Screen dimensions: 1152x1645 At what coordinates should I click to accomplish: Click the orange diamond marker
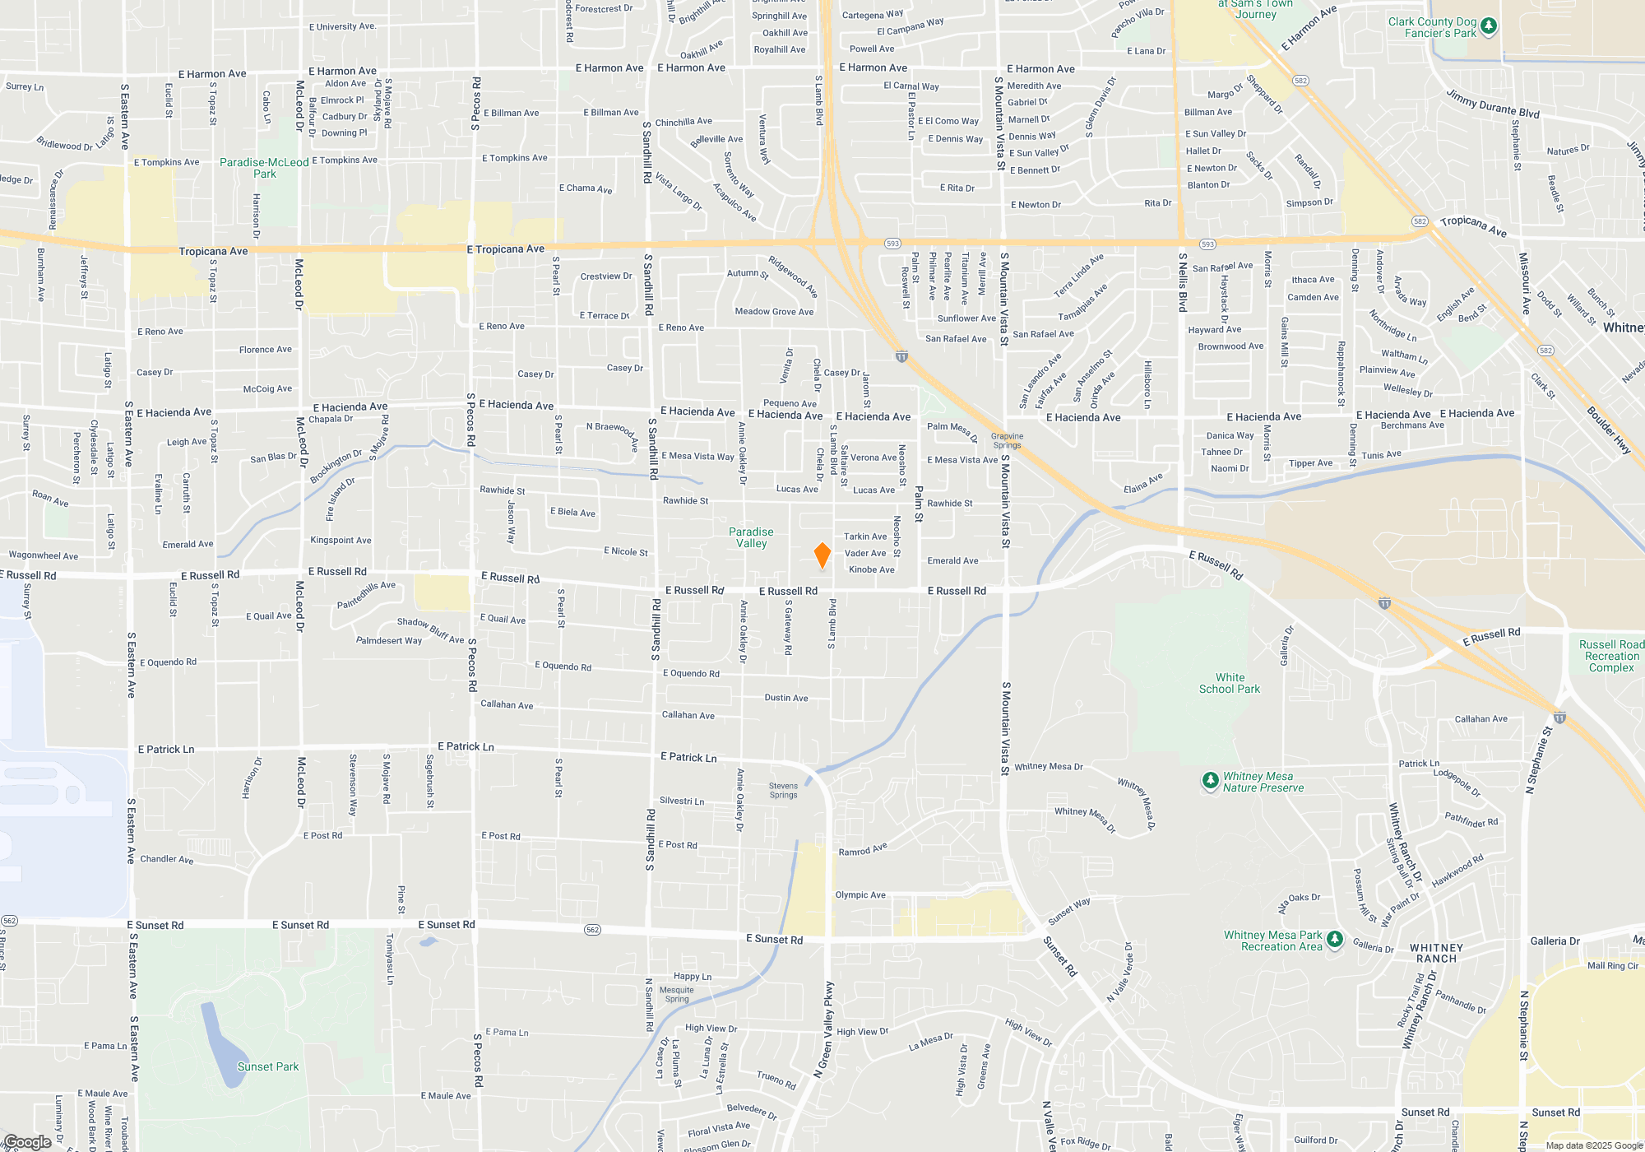[x=822, y=555]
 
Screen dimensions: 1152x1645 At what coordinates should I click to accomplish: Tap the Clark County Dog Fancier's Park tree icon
[x=1488, y=27]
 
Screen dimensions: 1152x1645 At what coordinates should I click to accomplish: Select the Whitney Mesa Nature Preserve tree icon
[x=1210, y=781]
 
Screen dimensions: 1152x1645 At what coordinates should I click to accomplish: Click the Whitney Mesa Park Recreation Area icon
[x=1335, y=940]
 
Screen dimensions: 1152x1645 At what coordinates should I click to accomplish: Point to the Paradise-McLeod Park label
[x=264, y=168]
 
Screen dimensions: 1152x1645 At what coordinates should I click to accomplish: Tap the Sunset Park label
[x=268, y=1066]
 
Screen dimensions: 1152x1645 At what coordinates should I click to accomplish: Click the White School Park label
[x=1230, y=683]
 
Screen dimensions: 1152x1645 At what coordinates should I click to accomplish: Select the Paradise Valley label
[x=751, y=537]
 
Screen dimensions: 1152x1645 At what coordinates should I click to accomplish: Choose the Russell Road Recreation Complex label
[x=1611, y=656]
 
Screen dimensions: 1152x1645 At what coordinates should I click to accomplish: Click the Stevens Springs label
[x=783, y=790]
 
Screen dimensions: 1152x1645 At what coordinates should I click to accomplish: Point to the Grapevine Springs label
[x=1007, y=440]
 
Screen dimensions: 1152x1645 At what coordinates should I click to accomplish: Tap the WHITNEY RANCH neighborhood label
[x=1437, y=953]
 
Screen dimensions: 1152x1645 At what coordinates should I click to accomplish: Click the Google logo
[x=27, y=1141]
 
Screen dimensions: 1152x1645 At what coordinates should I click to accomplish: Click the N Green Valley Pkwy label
[x=824, y=1029]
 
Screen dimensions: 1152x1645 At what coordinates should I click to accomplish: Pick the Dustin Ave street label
[x=785, y=698]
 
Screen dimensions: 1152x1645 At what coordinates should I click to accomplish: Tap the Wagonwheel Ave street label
[x=44, y=555]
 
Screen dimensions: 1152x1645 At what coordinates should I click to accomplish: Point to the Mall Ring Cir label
[x=1613, y=966]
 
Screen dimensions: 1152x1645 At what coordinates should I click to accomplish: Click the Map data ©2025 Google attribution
[x=1594, y=1145]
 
